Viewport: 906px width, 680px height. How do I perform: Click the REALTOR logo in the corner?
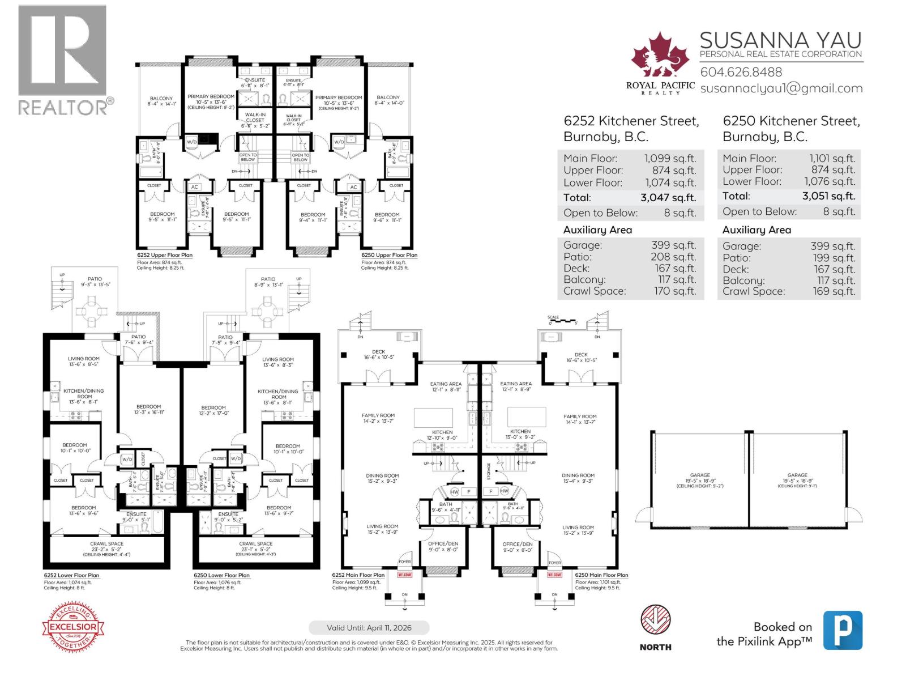tap(62, 59)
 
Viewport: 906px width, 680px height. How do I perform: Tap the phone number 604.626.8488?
tap(741, 72)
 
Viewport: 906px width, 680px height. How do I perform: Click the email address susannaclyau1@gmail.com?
tap(781, 88)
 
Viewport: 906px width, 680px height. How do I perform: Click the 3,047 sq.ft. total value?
tap(668, 198)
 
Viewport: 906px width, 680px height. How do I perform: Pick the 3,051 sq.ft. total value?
tap(828, 196)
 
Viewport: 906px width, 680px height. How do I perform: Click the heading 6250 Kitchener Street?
tap(791, 121)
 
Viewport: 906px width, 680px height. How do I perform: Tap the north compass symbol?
tap(655, 620)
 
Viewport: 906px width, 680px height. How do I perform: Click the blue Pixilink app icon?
tap(843, 630)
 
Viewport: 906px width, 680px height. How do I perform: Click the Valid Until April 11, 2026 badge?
tap(369, 628)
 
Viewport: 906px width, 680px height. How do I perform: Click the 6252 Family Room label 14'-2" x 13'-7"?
tap(378, 418)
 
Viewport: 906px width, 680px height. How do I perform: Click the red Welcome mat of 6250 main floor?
tap(554, 575)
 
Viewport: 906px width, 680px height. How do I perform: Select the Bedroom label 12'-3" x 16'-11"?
tap(148, 409)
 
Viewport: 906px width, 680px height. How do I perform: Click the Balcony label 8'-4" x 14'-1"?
tap(161, 101)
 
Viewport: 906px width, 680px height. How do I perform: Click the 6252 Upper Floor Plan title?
tap(164, 255)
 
